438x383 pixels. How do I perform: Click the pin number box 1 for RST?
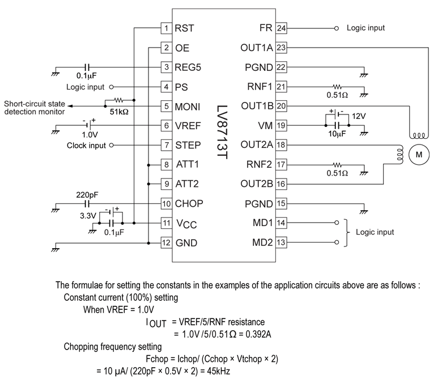tap(166, 28)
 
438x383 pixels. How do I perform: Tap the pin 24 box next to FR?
tap(280, 28)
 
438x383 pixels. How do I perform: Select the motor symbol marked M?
tap(420, 154)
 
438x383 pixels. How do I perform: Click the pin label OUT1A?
tap(257, 48)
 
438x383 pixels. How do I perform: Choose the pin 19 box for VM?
tap(280, 125)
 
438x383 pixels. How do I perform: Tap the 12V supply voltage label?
tap(359, 116)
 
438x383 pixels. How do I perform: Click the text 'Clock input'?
tap(86, 145)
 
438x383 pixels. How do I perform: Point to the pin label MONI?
tap(187, 106)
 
